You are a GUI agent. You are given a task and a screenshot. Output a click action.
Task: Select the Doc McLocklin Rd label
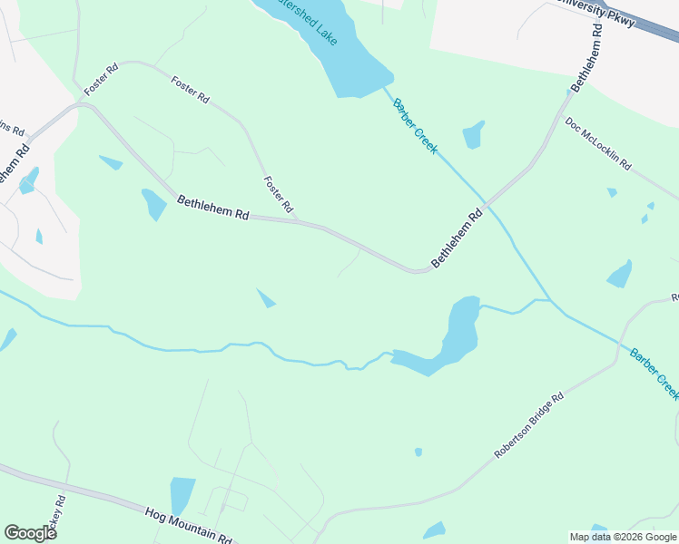pos(597,144)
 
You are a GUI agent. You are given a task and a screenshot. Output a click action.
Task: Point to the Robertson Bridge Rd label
pos(529,424)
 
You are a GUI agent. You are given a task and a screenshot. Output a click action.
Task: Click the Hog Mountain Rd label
pos(188,525)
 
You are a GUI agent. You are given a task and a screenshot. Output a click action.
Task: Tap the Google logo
pos(30,533)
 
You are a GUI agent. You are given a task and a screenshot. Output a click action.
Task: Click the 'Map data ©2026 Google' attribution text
pos(623,537)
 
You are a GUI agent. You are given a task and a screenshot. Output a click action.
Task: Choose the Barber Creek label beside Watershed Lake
pos(415,126)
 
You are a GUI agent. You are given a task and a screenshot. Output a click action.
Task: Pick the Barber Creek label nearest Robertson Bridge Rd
pos(654,373)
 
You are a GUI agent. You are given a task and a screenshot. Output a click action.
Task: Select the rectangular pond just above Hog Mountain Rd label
pos(182,494)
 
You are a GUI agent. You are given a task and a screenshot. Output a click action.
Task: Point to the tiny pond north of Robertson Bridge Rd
pos(418,452)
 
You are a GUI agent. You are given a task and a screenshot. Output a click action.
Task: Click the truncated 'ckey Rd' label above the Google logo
pos(60,512)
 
